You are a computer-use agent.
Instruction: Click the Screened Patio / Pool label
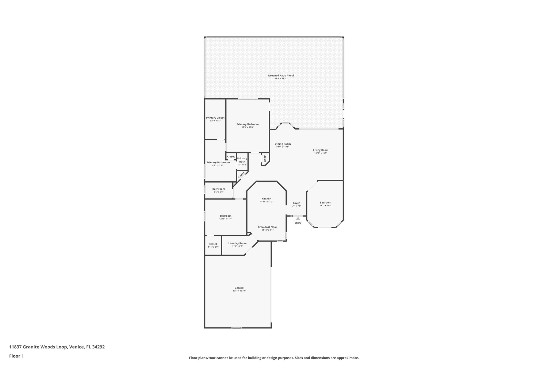(280, 76)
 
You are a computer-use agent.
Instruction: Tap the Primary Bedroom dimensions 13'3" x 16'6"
(248, 127)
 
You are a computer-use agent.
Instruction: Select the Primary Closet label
(215, 118)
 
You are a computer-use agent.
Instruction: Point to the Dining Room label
(283, 144)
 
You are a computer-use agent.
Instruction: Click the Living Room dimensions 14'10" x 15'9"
(321, 153)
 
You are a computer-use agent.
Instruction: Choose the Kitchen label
(266, 199)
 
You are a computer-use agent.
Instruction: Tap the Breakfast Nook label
(267, 227)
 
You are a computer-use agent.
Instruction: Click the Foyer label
(296, 203)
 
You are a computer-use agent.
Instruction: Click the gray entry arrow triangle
(298, 218)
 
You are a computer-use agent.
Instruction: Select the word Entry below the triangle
(298, 223)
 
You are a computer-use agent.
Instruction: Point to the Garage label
(239, 288)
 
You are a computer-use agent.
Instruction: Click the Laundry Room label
(237, 243)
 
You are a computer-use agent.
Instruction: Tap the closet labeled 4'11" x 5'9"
(213, 245)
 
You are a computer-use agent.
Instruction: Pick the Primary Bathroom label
(218, 162)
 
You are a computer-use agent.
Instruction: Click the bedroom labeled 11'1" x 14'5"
(325, 204)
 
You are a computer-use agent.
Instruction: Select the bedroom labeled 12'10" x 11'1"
(226, 217)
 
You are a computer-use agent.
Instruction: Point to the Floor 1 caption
(16, 356)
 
